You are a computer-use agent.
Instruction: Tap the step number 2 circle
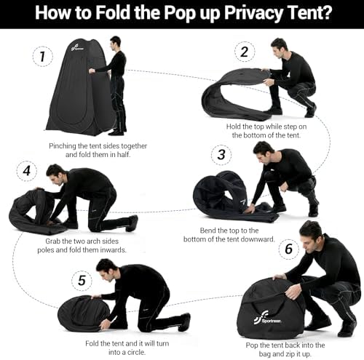(243, 52)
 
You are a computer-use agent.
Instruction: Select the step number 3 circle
(220, 153)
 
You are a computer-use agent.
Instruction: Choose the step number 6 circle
(288, 249)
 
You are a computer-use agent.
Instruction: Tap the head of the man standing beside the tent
(115, 41)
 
